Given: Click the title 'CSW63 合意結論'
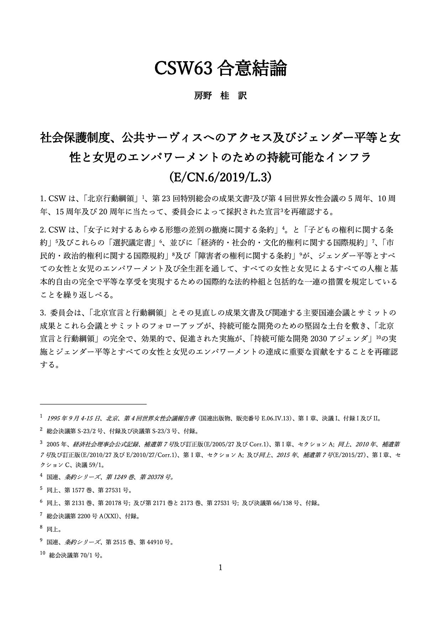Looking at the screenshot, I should pos(220,69).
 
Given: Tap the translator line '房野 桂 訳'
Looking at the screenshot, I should pos(220,96).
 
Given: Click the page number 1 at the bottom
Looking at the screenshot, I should pos(220,567).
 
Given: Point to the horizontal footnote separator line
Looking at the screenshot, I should pos(93,404).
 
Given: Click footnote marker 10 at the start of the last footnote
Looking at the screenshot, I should pos(43,553).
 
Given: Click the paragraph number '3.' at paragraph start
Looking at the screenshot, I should pos(43,313).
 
